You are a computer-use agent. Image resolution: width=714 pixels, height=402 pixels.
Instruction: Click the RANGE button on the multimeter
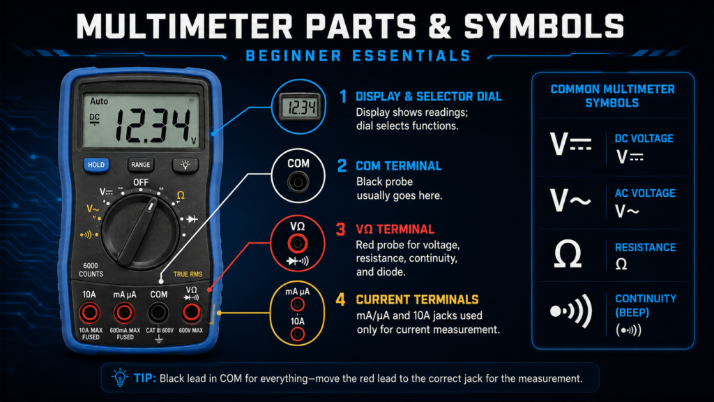(x=140, y=165)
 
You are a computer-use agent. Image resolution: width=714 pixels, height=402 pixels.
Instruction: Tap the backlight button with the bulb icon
(x=185, y=165)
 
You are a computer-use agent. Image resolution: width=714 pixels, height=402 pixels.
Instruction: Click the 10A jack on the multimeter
(x=89, y=313)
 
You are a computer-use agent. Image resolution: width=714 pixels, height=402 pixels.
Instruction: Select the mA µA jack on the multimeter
(x=124, y=313)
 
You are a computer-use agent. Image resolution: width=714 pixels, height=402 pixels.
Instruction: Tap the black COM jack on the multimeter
(x=158, y=313)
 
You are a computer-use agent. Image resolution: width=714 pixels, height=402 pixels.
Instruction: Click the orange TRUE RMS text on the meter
(x=188, y=274)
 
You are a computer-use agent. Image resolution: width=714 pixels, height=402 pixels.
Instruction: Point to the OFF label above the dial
(x=141, y=182)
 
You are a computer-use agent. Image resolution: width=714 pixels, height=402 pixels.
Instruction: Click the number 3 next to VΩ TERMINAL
(x=340, y=229)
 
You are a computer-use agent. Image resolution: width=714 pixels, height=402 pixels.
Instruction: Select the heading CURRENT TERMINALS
(x=417, y=299)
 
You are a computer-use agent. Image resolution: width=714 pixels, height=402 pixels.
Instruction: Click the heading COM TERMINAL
(x=398, y=166)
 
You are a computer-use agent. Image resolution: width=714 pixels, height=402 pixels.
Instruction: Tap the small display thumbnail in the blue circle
(x=299, y=107)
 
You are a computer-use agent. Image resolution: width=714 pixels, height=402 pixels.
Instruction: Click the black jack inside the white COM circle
(x=298, y=182)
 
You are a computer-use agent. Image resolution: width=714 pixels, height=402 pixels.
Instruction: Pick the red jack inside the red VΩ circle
(x=297, y=244)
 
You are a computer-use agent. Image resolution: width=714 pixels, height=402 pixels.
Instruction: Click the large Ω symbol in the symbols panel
(x=568, y=254)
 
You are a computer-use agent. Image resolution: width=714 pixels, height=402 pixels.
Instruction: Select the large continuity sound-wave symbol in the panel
(x=571, y=311)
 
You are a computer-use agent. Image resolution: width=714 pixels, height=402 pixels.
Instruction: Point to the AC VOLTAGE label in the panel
(x=645, y=193)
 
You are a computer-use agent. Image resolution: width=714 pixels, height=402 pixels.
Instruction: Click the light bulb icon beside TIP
(x=120, y=378)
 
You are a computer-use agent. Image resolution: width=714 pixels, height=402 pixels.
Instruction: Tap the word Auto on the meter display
(x=99, y=101)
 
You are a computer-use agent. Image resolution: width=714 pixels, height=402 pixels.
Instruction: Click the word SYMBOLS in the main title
(x=544, y=26)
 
